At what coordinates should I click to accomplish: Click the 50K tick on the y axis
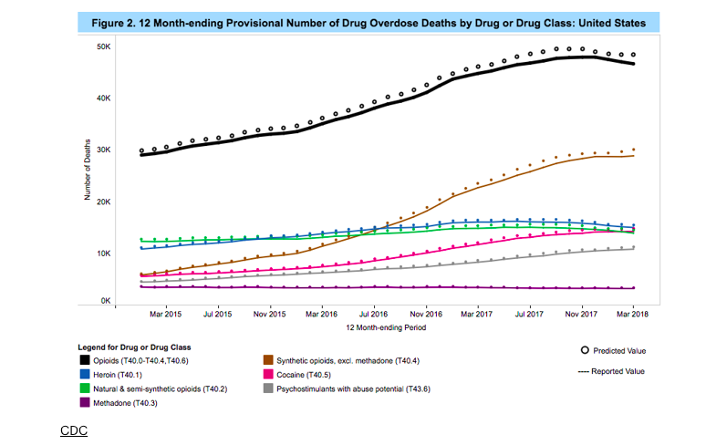click(x=103, y=46)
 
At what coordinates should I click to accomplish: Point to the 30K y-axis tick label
click(x=103, y=150)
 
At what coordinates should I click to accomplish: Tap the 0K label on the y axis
click(x=105, y=299)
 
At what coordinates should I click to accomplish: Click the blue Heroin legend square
click(x=84, y=375)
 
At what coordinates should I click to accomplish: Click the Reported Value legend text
click(x=623, y=371)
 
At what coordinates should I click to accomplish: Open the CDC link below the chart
click(x=73, y=429)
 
